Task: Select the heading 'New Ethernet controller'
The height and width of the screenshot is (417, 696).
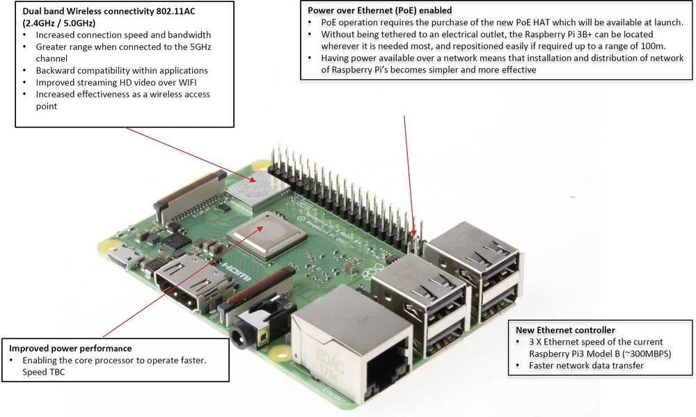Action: (565, 329)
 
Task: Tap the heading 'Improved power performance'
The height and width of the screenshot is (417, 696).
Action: (70, 348)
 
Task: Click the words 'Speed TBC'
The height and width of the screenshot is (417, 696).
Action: (47, 372)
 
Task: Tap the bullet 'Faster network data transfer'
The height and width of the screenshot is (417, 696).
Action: (586, 365)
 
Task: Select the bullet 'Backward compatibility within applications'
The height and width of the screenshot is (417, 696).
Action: (122, 70)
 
